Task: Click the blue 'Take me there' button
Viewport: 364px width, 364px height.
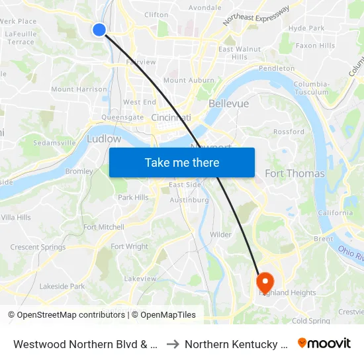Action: click(182, 162)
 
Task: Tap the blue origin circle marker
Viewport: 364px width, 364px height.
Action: click(99, 29)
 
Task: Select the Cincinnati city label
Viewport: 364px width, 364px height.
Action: click(171, 117)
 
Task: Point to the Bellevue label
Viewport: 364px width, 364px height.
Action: click(228, 104)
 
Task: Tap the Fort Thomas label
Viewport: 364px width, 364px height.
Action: click(295, 173)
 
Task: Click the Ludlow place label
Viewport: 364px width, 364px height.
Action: click(104, 139)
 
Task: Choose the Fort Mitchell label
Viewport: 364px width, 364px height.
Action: click(103, 227)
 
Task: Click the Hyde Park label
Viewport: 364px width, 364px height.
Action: click(306, 28)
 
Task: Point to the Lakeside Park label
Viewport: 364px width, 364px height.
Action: click(62, 287)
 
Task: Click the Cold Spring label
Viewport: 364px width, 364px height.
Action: click(310, 321)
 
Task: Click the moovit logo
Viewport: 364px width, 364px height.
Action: click(324, 343)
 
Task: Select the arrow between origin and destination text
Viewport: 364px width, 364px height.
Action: click(171, 344)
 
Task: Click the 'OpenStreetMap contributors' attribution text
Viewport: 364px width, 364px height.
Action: click(71, 315)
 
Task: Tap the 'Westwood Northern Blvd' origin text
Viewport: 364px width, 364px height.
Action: click(85, 344)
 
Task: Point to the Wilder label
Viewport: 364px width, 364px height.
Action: click(220, 234)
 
